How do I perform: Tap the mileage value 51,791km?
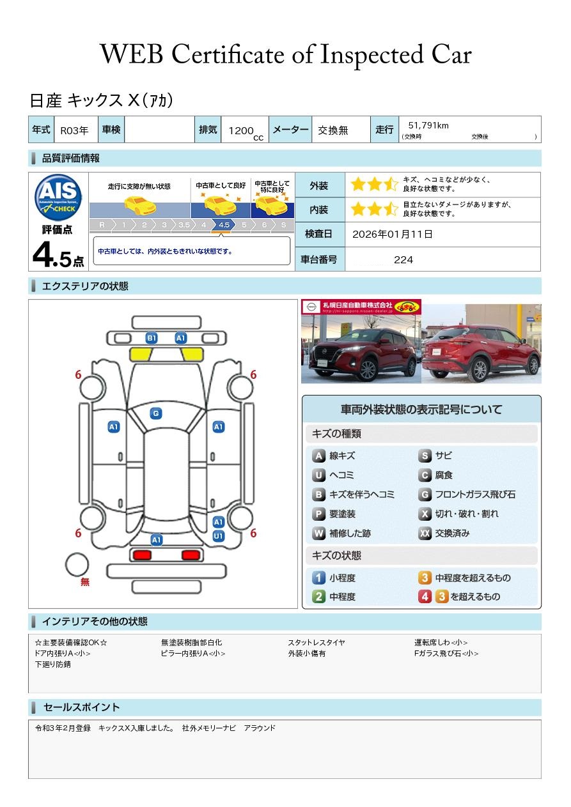pos(428,126)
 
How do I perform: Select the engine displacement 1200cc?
pos(243,130)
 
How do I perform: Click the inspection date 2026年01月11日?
pos(392,234)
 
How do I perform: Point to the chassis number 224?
pos(403,259)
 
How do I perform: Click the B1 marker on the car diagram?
pos(152,338)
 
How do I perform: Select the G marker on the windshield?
pos(155,413)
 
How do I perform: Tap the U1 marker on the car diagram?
pos(218,536)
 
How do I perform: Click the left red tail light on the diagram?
pos(142,555)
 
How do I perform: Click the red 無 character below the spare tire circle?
pos(85,582)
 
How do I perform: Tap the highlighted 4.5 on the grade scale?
pos(224,225)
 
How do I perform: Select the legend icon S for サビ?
pos(425,456)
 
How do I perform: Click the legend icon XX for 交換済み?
pos(425,533)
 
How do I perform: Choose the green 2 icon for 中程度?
pos(318,597)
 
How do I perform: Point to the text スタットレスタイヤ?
pos(316,643)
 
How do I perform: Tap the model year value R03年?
pos(74,130)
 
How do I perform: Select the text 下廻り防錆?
pos(52,665)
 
